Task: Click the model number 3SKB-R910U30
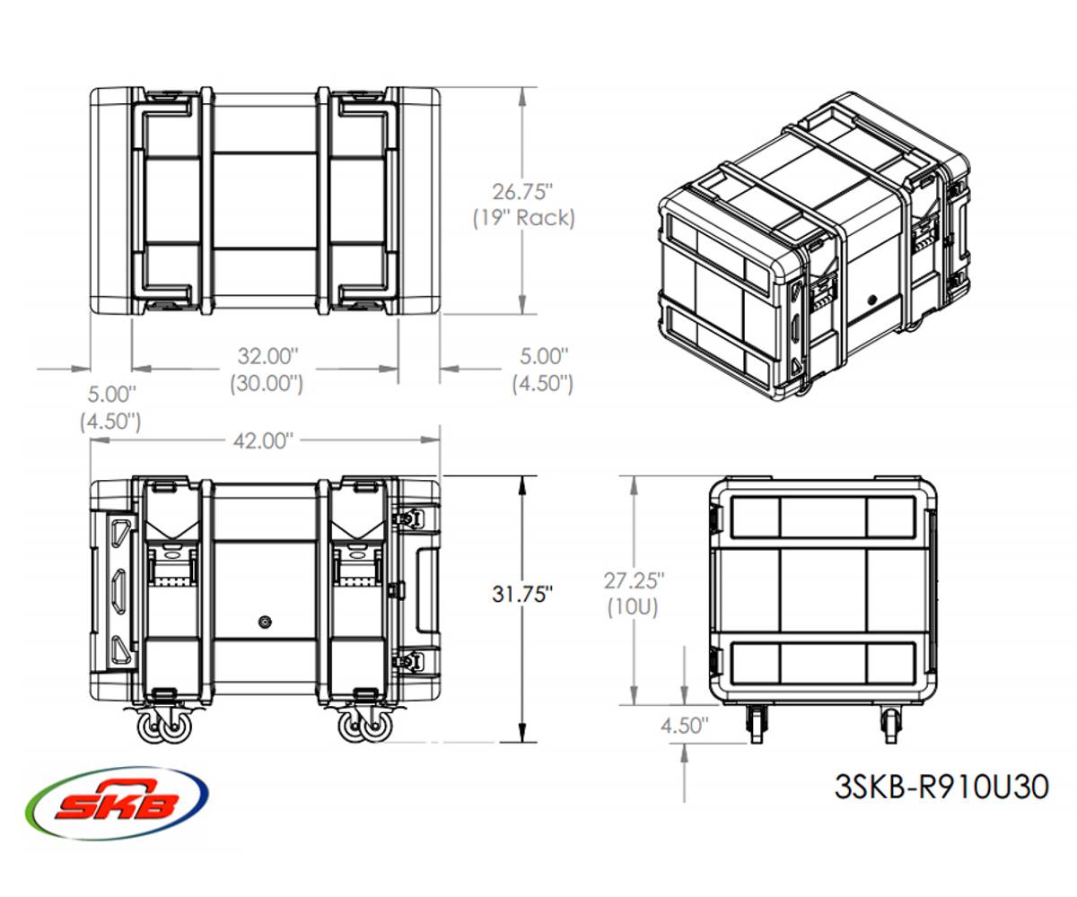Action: coord(941,788)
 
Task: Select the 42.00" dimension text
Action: coord(264,440)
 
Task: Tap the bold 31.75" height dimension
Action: coord(521,595)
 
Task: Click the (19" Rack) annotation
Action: coord(523,217)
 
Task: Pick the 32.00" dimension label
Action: coord(266,356)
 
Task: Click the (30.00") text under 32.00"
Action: coord(266,383)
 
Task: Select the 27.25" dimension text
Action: coord(635,580)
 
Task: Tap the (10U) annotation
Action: coord(635,606)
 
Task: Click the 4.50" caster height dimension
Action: coord(685,725)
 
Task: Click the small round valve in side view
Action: coord(263,622)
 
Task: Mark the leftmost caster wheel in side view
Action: coord(151,729)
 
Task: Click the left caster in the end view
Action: coord(756,723)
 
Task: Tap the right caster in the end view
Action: coord(890,723)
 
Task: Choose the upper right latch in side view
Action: coord(410,518)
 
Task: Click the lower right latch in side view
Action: coord(410,662)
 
